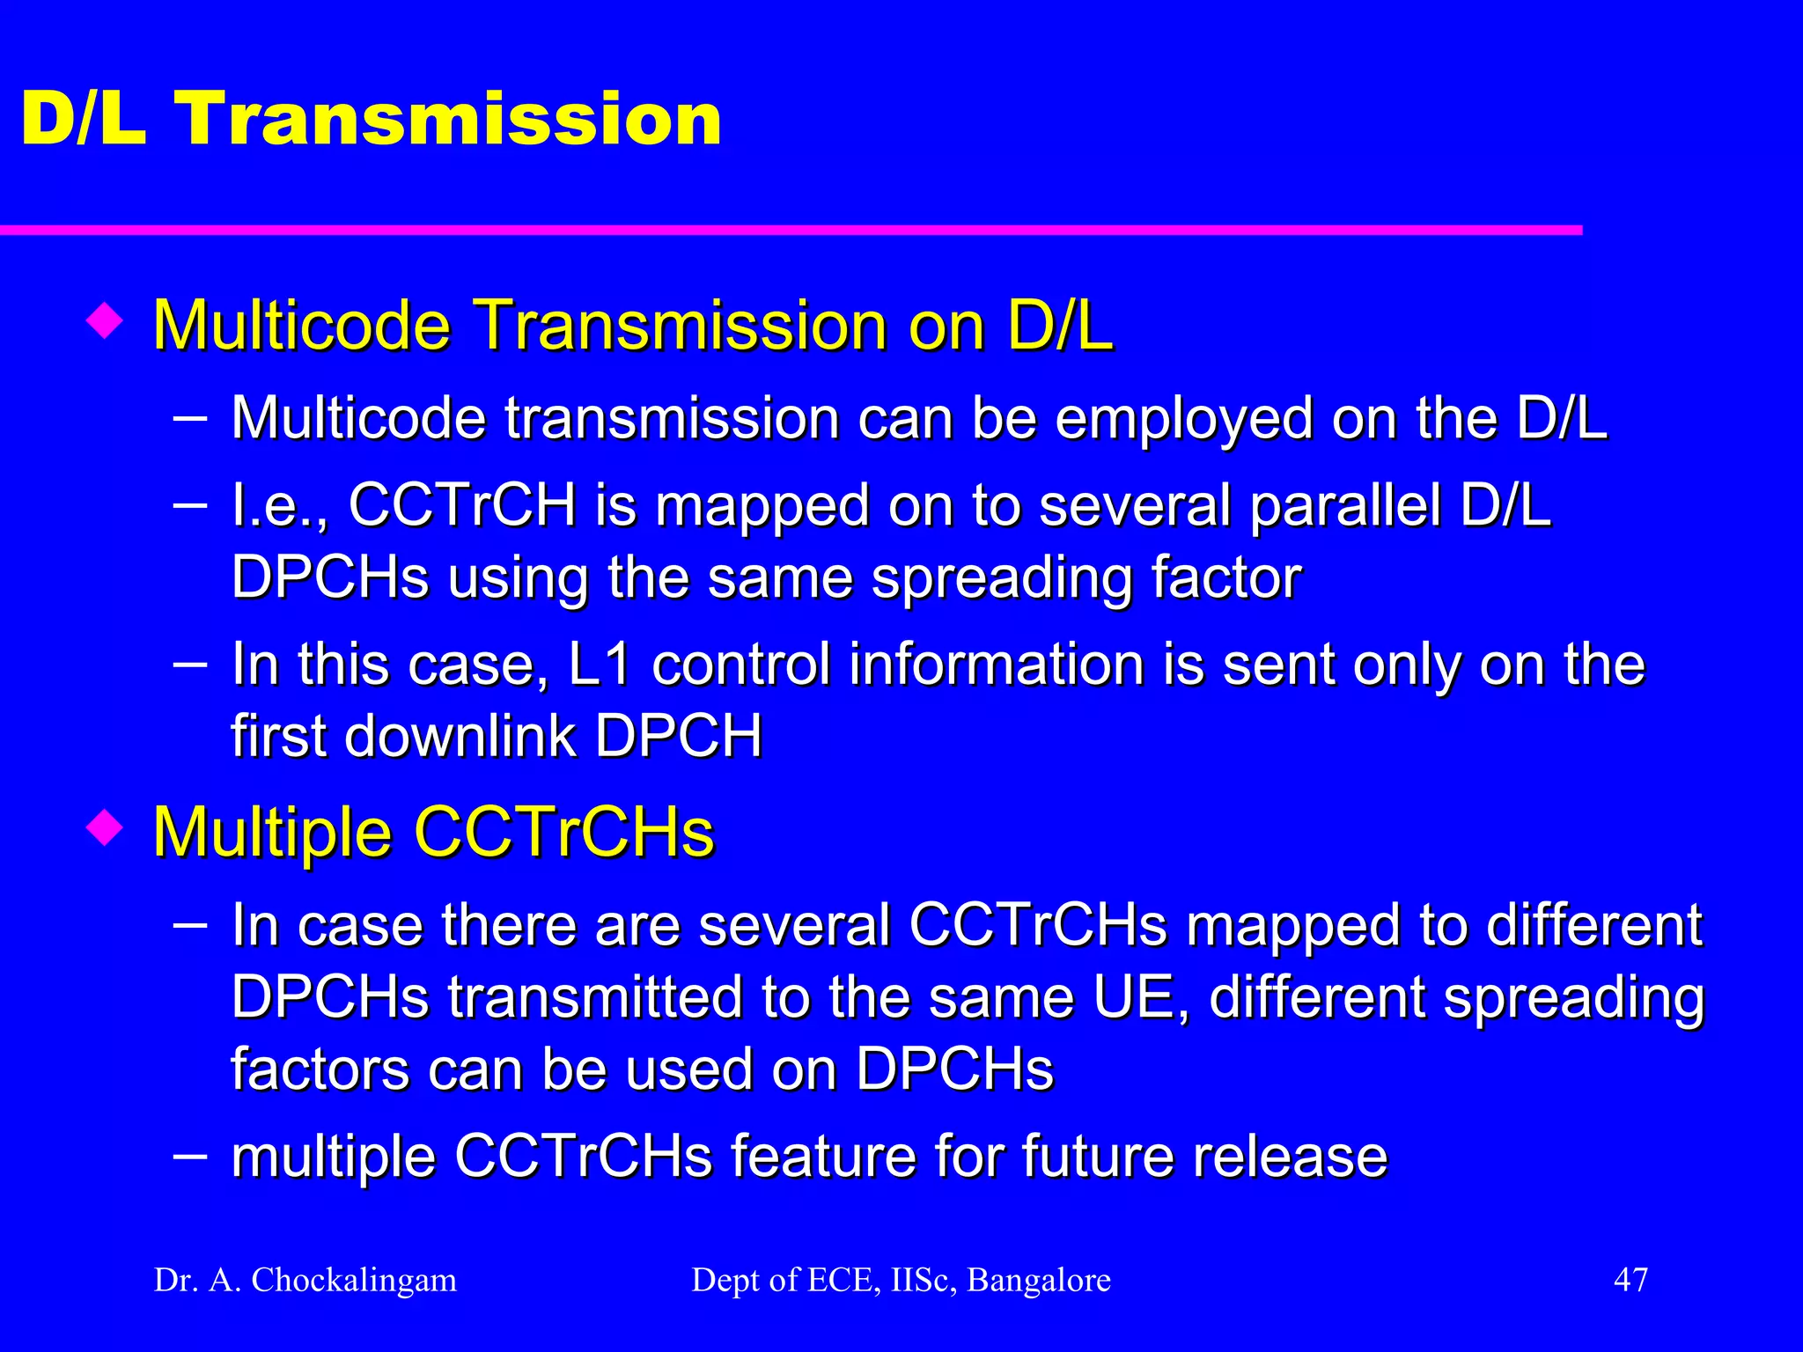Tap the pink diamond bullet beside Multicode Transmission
click(105, 320)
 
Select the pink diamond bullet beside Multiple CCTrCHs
click(105, 827)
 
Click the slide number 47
click(1630, 1279)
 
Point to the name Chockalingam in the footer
click(354, 1280)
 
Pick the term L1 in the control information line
click(600, 665)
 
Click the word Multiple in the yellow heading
click(272, 832)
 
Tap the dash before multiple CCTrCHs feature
click(190, 1154)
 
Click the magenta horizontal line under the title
click(792, 231)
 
